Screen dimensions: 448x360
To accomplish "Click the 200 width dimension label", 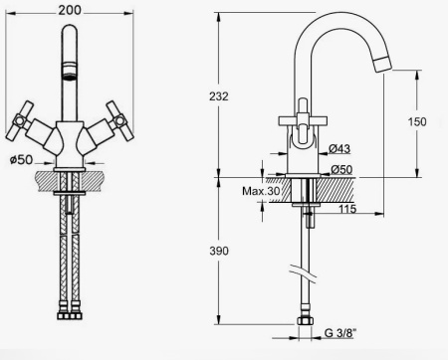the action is (70, 10).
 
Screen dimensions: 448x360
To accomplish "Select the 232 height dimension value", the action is (219, 96).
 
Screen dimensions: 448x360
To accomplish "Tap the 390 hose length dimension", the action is (219, 251).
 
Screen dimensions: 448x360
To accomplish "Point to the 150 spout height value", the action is (417, 121).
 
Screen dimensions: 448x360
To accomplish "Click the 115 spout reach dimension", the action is (347, 209).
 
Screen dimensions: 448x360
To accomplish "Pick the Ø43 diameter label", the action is (339, 149).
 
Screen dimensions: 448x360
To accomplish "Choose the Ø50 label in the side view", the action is (341, 169).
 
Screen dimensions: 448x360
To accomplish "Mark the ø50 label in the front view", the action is (22, 160).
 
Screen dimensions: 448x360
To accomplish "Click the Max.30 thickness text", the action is (261, 191).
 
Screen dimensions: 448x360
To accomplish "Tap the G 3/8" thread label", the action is (340, 333).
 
